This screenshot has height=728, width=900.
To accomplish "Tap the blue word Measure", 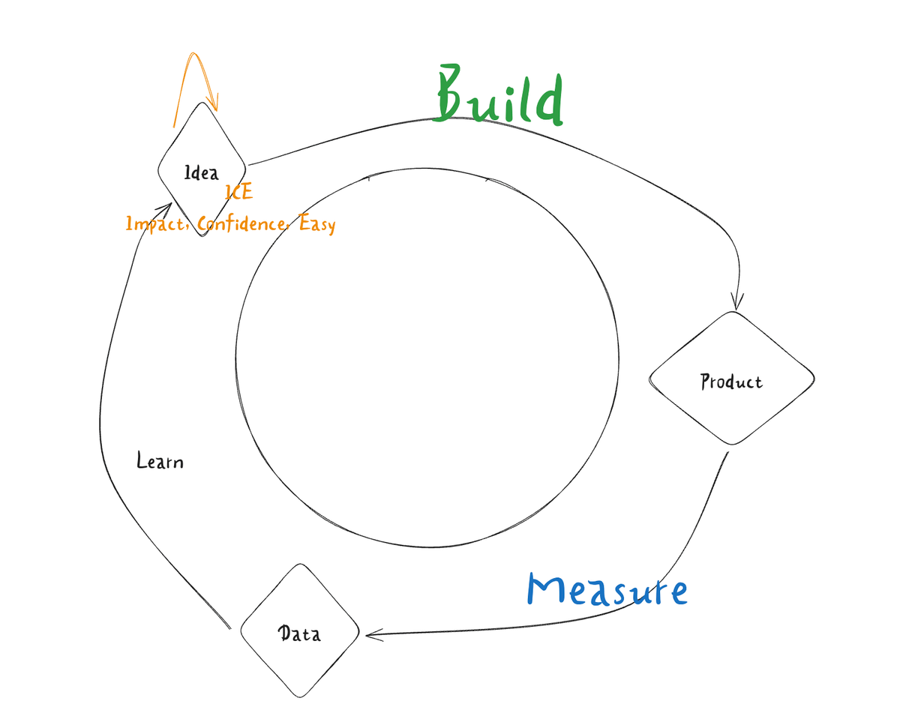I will click(x=607, y=590).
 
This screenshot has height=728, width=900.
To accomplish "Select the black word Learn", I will click(x=160, y=460).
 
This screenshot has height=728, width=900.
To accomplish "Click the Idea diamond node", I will click(x=202, y=169).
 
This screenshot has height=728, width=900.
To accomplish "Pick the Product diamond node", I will click(x=731, y=378).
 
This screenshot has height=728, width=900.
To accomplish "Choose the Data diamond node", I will click(x=300, y=631).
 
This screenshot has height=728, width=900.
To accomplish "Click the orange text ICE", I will click(x=239, y=193).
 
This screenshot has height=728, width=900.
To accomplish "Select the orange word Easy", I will click(x=316, y=223).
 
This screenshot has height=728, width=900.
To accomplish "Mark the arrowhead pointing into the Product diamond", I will click(x=737, y=302).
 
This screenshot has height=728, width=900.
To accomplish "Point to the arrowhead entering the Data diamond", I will click(x=372, y=635).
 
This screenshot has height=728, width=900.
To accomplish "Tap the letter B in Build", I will click(x=452, y=96).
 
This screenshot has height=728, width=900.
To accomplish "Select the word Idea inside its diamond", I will click(x=202, y=174).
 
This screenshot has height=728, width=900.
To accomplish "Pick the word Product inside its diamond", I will click(x=731, y=382).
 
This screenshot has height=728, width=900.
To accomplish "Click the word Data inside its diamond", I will click(x=300, y=634).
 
